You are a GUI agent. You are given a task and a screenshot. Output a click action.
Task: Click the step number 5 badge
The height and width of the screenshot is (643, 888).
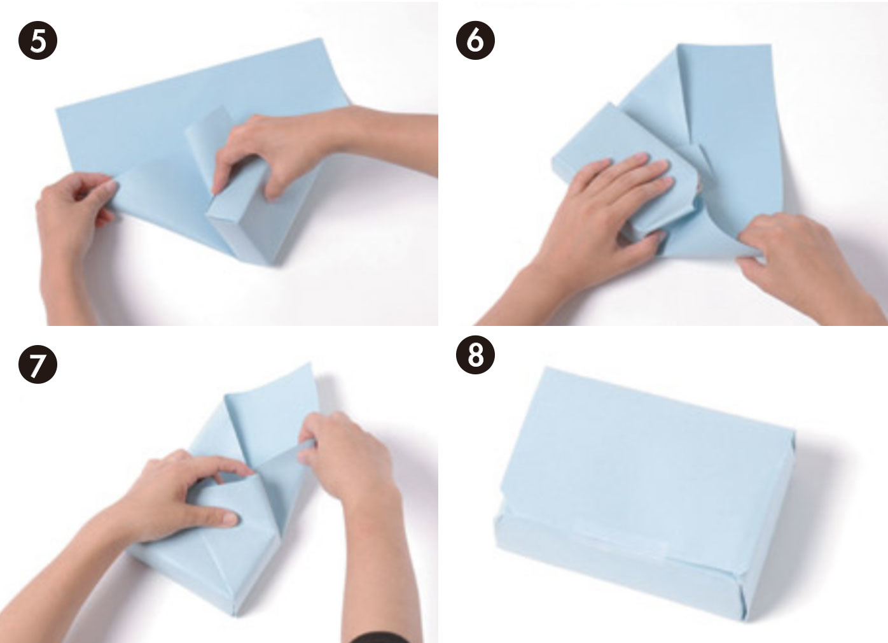point(38,41)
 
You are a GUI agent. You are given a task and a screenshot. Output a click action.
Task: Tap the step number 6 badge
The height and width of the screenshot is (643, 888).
point(475,41)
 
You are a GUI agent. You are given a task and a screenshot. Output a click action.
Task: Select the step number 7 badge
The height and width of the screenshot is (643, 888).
point(38,364)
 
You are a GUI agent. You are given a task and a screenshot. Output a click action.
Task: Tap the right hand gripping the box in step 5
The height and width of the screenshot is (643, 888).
point(302,151)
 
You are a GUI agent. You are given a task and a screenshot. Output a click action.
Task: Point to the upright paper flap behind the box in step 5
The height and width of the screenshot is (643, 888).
point(207,139)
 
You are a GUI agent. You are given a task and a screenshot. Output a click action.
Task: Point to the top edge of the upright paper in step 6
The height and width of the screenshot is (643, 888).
point(725,45)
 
